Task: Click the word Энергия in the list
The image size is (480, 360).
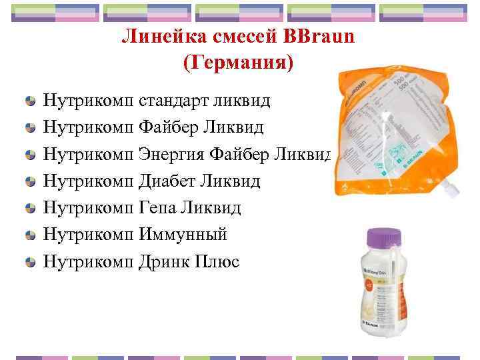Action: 171,155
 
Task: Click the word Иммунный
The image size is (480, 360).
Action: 183,235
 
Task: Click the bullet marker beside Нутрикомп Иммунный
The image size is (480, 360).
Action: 30,235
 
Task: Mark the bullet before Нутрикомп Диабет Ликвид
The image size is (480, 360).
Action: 30,182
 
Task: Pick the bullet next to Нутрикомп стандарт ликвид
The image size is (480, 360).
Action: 30,102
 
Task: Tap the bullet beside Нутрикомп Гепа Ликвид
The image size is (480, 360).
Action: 30,209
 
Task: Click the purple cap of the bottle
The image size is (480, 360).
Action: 385,237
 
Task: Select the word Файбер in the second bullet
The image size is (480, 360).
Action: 167,128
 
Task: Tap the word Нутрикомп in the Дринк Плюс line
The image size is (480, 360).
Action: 89,261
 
